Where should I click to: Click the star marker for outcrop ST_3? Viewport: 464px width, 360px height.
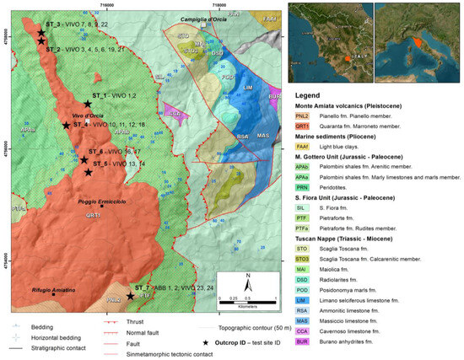coord(40,33)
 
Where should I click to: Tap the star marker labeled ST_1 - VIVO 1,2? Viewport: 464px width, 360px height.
coord(87,104)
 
